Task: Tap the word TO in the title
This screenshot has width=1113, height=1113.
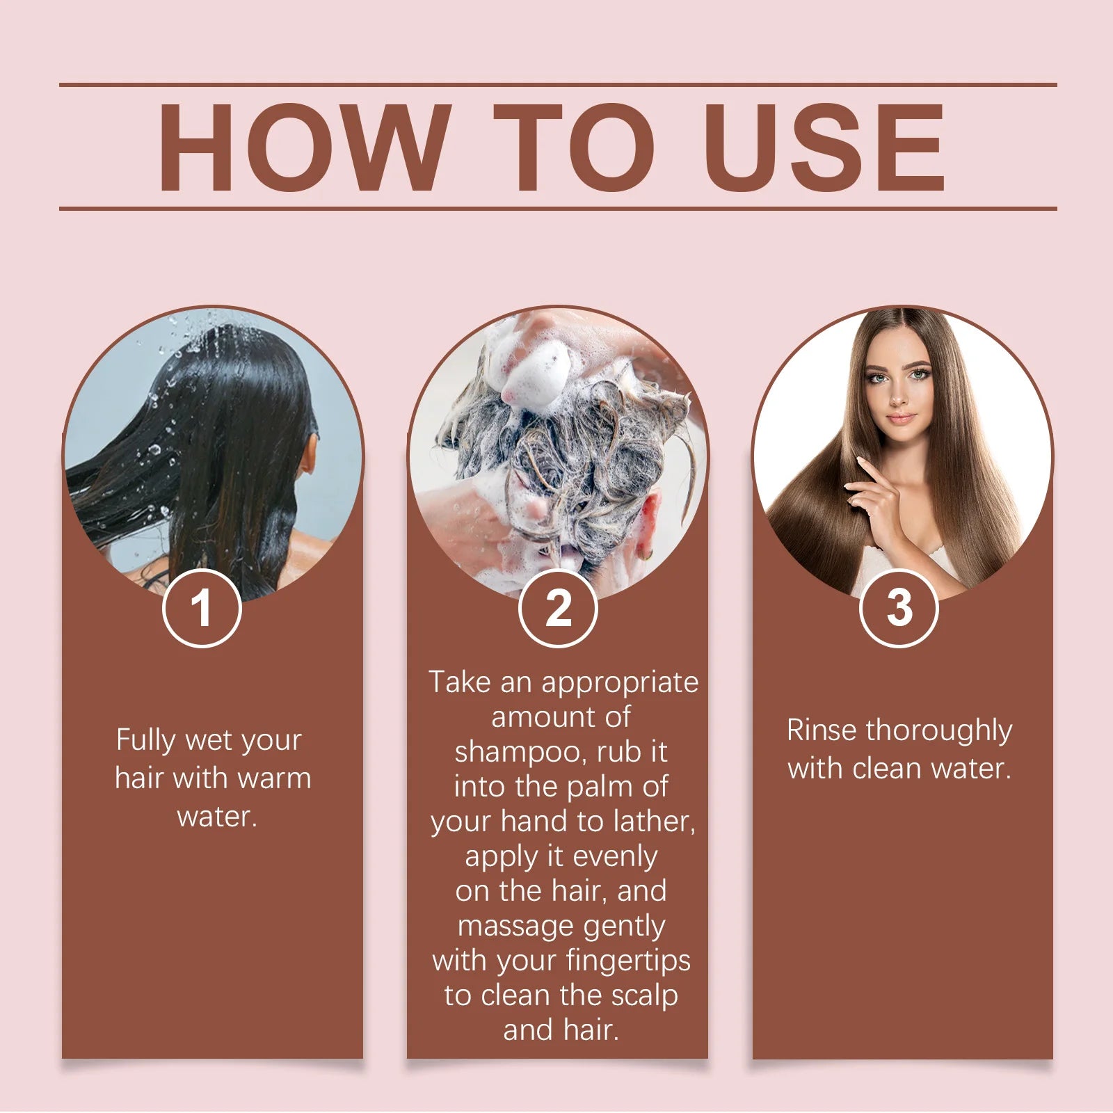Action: (575, 147)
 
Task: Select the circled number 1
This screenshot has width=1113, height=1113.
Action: (202, 609)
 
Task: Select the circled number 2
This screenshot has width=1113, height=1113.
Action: (558, 609)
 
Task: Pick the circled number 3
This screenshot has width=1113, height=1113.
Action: (899, 609)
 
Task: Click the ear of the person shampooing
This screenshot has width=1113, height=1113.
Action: (647, 522)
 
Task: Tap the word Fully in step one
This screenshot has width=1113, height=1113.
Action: (146, 740)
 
